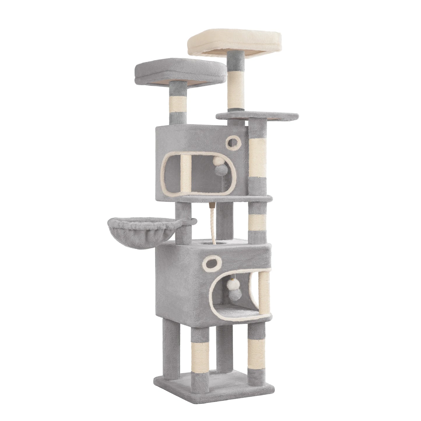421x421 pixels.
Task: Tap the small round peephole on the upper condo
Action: pyautogui.click(x=232, y=142)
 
